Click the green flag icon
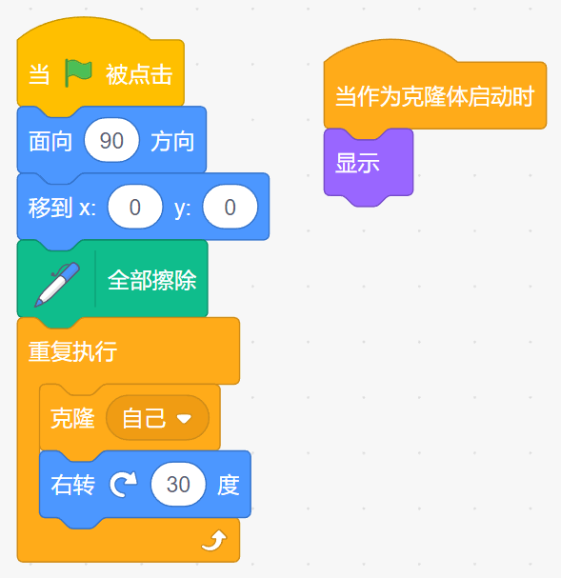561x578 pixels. pyautogui.click(x=78, y=73)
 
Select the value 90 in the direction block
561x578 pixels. pyautogui.click(x=111, y=140)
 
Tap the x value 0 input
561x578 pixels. pyautogui.click(x=135, y=207)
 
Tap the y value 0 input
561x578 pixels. pyautogui.click(x=230, y=207)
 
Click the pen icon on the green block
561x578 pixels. pyautogui.click(x=57, y=284)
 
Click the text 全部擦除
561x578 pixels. pyautogui.click(x=151, y=281)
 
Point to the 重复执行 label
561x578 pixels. pyautogui.click(x=72, y=351)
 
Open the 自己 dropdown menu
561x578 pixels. pyautogui.click(x=157, y=418)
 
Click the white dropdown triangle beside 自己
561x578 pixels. pyautogui.click(x=184, y=418)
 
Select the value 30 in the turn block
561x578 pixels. pyautogui.click(x=178, y=484)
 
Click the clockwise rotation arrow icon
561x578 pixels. pyautogui.click(x=123, y=484)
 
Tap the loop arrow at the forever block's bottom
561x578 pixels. pyautogui.click(x=214, y=541)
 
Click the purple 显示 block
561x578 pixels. pyautogui.click(x=369, y=163)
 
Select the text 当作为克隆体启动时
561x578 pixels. pyautogui.click(x=434, y=96)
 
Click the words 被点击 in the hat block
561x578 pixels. pyautogui.click(x=139, y=74)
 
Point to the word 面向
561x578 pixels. pyautogui.click(x=50, y=141)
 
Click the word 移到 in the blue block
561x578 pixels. pyautogui.click(x=50, y=208)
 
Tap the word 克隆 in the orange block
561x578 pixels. pyautogui.click(x=72, y=418)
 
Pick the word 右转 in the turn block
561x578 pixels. pyautogui.click(x=72, y=485)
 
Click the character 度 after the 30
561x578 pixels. pyautogui.click(x=229, y=485)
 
